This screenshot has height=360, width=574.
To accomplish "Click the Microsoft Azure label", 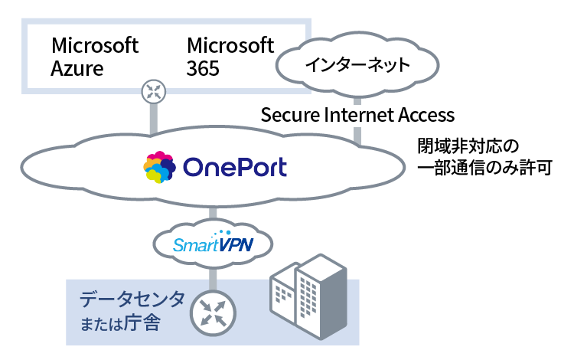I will click(x=95, y=56).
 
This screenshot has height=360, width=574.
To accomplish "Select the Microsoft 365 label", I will click(x=230, y=56).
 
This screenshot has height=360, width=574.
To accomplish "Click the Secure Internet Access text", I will click(x=357, y=115).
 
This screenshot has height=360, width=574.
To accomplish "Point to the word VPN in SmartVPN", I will click(x=235, y=245).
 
